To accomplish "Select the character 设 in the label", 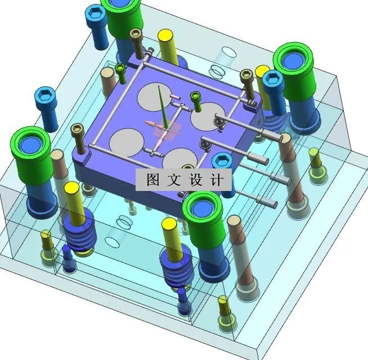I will coord(196,180).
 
